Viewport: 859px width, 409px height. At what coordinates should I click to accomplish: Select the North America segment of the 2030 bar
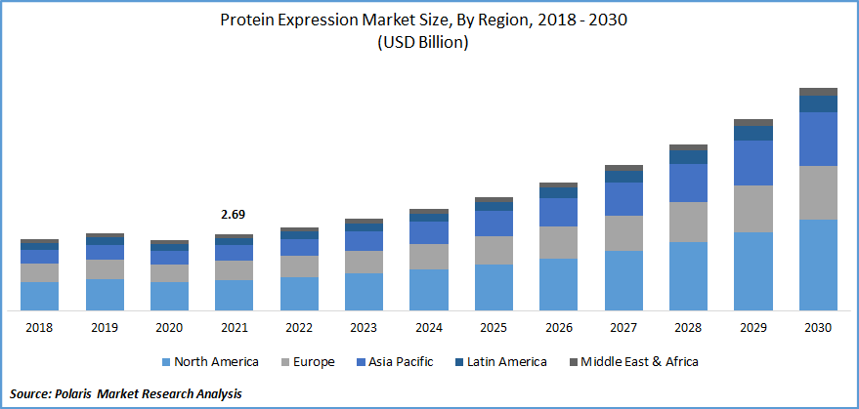819,265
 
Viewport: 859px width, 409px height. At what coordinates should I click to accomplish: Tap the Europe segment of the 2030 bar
819,192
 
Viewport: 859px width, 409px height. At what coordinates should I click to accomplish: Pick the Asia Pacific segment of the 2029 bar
753,163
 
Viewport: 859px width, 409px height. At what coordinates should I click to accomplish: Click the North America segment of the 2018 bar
40,296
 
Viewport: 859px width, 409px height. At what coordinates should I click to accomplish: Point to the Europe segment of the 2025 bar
494,250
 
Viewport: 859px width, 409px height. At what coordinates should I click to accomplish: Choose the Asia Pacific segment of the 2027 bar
623,199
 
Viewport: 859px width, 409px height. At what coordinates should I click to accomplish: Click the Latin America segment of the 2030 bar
819,103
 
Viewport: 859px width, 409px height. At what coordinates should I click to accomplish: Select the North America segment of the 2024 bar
429,290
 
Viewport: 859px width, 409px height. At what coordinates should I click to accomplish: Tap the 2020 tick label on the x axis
170,328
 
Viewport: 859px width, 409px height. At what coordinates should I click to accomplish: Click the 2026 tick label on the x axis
559,328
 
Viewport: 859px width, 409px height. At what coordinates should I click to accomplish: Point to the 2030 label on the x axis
819,328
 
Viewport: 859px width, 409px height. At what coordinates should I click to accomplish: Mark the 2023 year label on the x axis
365,328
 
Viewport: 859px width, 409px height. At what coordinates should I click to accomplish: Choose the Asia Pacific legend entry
397,361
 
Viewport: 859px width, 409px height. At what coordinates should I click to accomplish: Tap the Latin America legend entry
499,361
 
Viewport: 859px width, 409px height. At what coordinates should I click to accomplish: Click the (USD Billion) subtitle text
429,43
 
